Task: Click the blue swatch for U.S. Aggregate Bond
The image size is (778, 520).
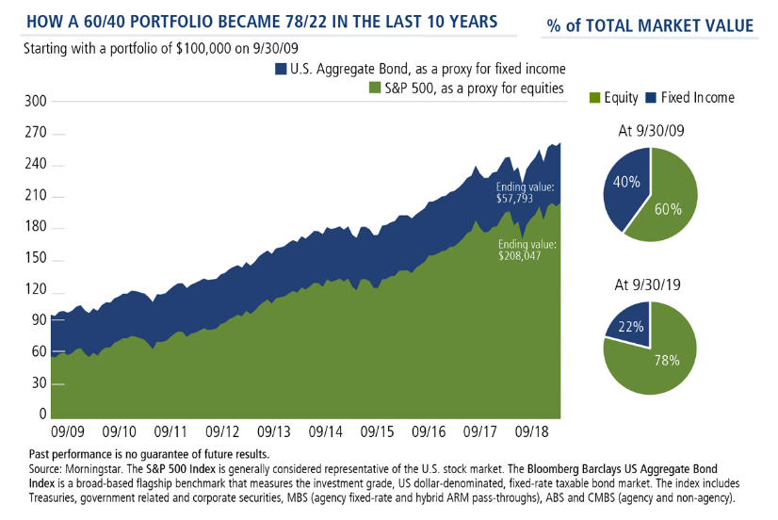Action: (280, 69)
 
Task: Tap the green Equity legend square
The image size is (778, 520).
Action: (593, 97)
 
